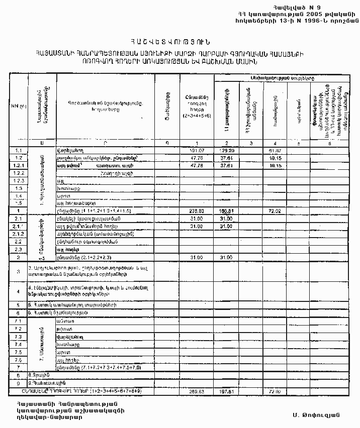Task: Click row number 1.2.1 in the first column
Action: tap(19, 165)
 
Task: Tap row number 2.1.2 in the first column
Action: tap(19, 234)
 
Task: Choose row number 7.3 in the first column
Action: tap(19, 336)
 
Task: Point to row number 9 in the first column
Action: tap(18, 383)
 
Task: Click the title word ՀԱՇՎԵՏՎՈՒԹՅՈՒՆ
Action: tap(169, 41)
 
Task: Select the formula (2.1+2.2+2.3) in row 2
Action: tap(104, 257)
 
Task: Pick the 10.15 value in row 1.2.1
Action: tap(275, 165)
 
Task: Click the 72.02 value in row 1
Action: tap(275, 211)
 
